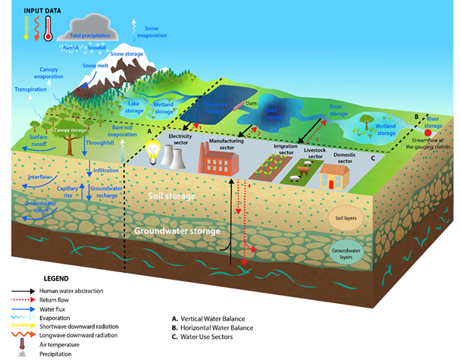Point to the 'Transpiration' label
click(x=31, y=89)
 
